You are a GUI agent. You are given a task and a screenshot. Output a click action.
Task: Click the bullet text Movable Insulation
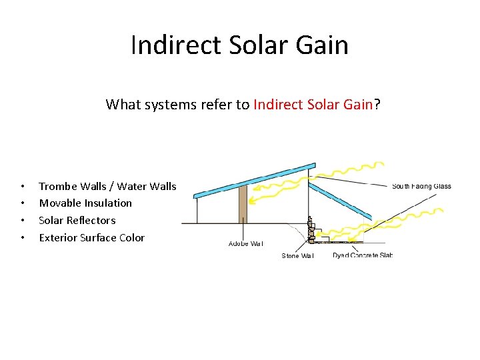click(x=85, y=203)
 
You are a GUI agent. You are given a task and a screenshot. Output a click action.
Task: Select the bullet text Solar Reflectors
click(x=77, y=220)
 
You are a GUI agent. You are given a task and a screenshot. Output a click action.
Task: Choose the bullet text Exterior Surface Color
click(x=91, y=237)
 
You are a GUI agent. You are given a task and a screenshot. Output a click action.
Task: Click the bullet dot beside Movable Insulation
click(x=23, y=203)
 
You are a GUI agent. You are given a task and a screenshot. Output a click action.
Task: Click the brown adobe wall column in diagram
click(x=243, y=203)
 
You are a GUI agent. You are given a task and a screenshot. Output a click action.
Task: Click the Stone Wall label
click(x=297, y=256)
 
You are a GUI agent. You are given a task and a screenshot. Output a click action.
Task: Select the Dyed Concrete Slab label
click(x=362, y=255)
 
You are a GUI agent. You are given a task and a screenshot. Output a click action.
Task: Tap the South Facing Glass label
click(x=421, y=187)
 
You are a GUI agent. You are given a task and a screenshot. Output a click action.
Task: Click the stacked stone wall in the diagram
click(x=310, y=231)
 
